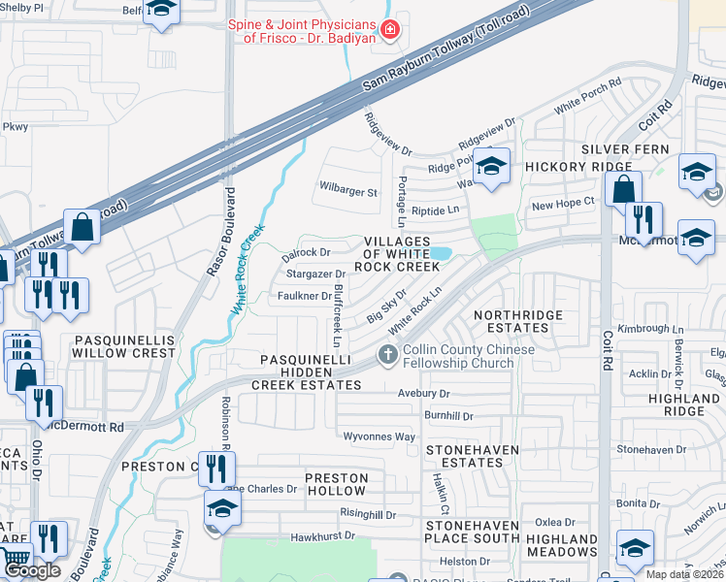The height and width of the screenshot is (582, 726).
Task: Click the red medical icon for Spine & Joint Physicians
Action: (390, 30)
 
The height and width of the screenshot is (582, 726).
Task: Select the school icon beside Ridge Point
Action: (492, 167)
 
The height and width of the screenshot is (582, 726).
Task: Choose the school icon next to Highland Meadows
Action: (635, 550)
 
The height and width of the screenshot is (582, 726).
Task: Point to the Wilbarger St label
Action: (347, 192)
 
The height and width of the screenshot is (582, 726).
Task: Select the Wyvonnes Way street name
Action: (379, 437)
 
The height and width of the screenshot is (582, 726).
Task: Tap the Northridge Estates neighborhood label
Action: (517, 322)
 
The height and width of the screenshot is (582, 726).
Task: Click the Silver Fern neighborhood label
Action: (619, 149)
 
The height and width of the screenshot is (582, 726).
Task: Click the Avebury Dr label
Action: (424, 394)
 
